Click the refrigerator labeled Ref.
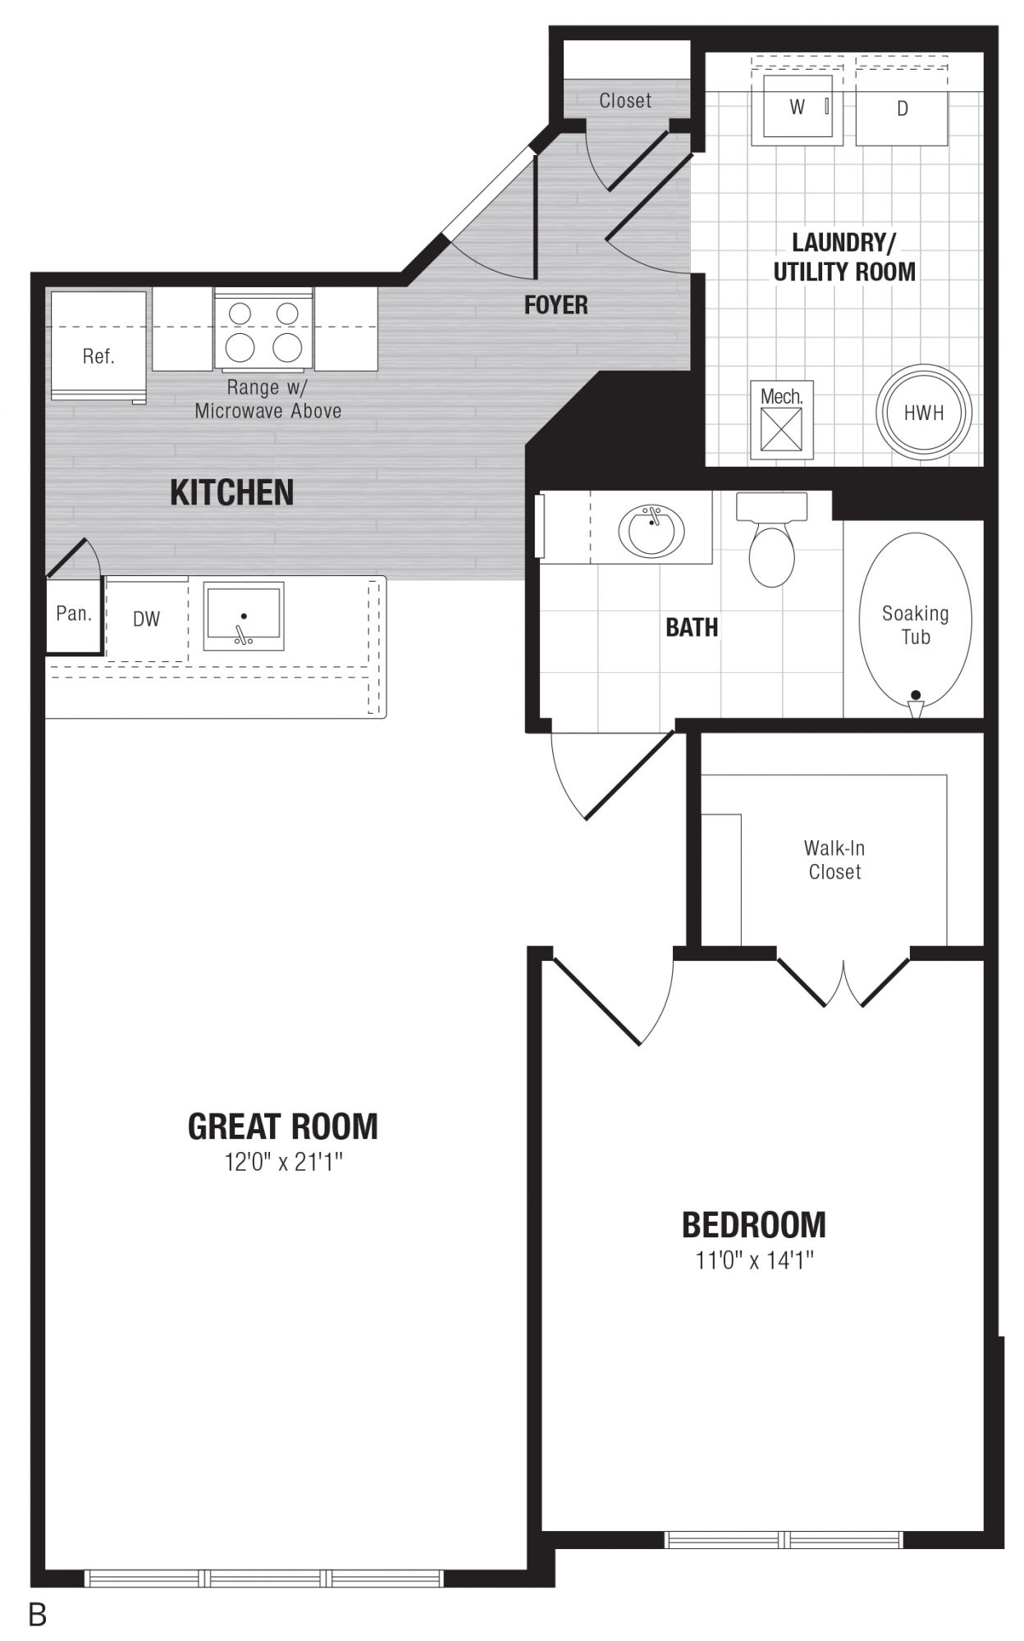[x=99, y=347]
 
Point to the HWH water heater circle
[x=924, y=413]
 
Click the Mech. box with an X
[x=781, y=419]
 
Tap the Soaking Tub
[x=915, y=624]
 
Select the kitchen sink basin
[x=244, y=616]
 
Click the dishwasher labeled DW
[x=147, y=619]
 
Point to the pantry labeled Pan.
[x=74, y=615]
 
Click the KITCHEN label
[x=231, y=492]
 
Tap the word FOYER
[x=556, y=305]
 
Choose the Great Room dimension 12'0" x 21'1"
[x=283, y=1162]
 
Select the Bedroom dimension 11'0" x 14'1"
[x=754, y=1259]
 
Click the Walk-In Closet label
[x=834, y=860]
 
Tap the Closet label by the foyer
[x=625, y=101]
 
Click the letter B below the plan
[x=38, y=1616]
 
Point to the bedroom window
[x=784, y=1538]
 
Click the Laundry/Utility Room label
[x=844, y=257]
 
